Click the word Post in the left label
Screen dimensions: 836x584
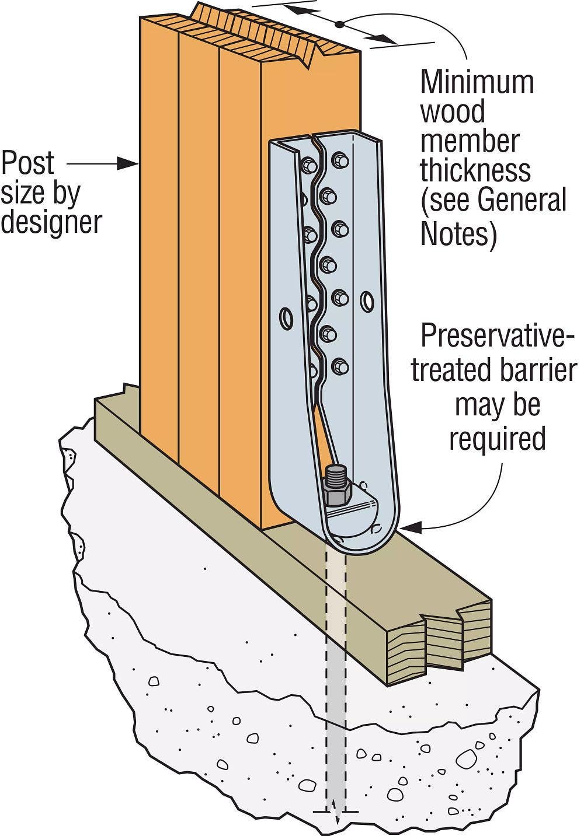click(x=27, y=163)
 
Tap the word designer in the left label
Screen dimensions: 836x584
click(x=51, y=222)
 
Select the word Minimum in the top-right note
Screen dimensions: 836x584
click(x=477, y=82)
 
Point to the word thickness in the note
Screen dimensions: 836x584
click(x=475, y=170)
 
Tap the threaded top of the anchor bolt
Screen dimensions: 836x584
click(x=336, y=473)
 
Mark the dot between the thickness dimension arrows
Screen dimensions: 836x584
click(x=338, y=25)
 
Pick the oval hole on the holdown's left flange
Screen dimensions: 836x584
click(x=286, y=318)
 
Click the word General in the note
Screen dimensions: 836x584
click(x=522, y=200)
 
